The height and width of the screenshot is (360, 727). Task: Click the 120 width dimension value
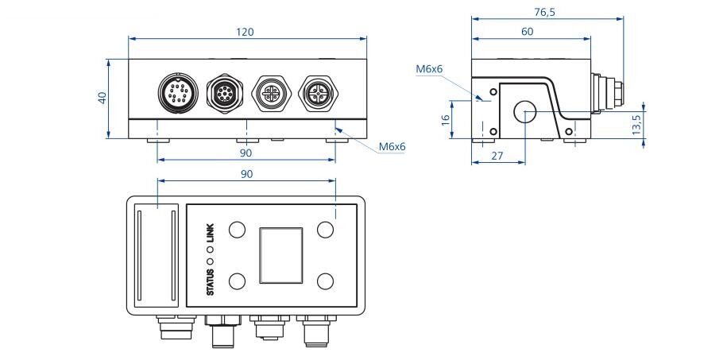click(x=246, y=32)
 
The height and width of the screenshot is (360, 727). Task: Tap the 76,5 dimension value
click(x=544, y=13)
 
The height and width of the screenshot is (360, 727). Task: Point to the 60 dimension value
click(x=527, y=32)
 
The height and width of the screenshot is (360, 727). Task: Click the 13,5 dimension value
click(x=636, y=125)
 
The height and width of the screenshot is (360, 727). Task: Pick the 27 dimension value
click(x=497, y=156)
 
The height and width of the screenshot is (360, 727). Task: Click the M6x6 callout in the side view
click(x=429, y=69)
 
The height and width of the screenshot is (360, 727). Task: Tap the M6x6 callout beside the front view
click(x=393, y=146)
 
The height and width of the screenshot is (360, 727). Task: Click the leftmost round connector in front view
click(x=178, y=91)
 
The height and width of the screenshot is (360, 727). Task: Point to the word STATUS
click(x=211, y=282)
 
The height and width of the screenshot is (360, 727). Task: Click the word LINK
click(x=211, y=233)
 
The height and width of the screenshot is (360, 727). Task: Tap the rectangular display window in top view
click(x=280, y=255)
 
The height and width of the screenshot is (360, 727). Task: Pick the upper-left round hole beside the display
click(x=238, y=229)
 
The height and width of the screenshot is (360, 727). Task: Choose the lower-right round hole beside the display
click(x=326, y=281)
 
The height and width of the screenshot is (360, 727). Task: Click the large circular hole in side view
click(x=525, y=112)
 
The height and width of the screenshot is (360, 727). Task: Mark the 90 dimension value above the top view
click(x=246, y=174)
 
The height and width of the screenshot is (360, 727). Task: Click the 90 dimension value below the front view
click(x=246, y=153)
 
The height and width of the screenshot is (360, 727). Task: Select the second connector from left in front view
click(x=225, y=91)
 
